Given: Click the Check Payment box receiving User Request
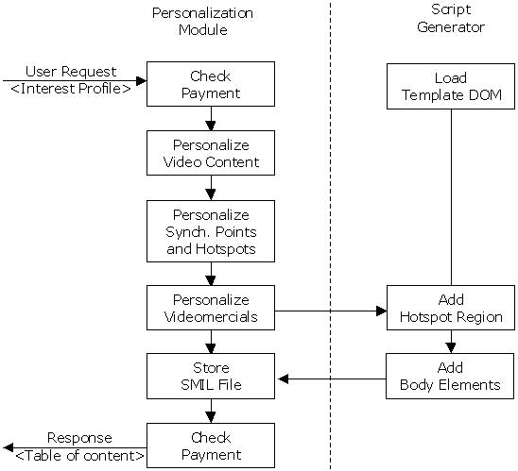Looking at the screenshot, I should pyautogui.click(x=210, y=85).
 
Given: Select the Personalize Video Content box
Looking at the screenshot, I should pyautogui.click(x=210, y=154).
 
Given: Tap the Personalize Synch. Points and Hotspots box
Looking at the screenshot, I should pyautogui.click(x=210, y=230).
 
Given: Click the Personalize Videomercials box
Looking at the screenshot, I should pyautogui.click(x=210, y=309).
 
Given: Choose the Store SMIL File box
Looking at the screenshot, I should pyautogui.click(x=210, y=376).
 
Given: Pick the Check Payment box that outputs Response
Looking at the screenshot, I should pyautogui.click(x=210, y=446).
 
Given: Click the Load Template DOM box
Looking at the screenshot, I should pyautogui.click(x=450, y=85).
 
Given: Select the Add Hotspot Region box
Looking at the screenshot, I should pyautogui.click(x=450, y=309).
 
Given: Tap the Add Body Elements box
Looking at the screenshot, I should pyautogui.click(x=450, y=376).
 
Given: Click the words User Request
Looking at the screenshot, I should pyautogui.click(x=71, y=71).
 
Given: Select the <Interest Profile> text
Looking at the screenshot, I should pyautogui.click(x=72, y=90).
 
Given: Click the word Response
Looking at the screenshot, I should pyautogui.click(x=79, y=438).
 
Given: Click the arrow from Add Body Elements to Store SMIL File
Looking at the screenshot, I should pyautogui.click(x=331, y=379).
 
